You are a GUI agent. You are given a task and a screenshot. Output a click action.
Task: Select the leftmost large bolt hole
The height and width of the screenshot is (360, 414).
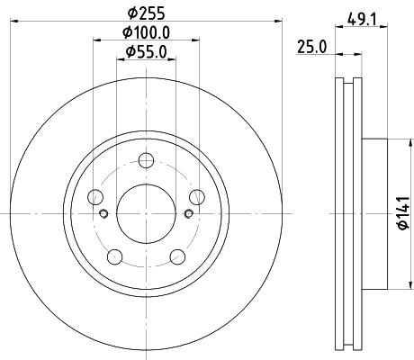[95, 199]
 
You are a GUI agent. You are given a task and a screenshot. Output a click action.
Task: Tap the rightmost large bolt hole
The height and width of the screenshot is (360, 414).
[198, 199]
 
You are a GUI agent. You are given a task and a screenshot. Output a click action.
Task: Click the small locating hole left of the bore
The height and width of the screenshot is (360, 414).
[104, 213]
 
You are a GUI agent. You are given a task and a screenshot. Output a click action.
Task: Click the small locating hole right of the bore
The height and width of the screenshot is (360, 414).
[188, 213]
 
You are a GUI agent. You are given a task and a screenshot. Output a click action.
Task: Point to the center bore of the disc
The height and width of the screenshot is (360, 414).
[147, 213]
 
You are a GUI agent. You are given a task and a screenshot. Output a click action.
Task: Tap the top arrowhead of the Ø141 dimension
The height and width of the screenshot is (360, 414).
[391, 142]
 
